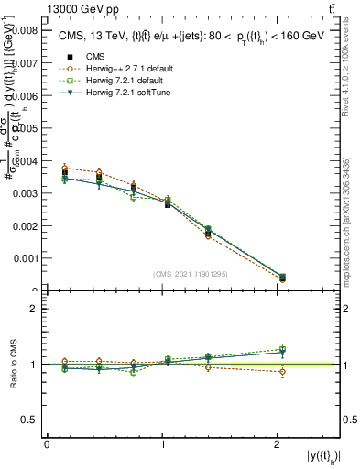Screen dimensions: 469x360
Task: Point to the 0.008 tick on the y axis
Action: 26,30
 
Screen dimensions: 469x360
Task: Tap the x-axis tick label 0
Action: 47,444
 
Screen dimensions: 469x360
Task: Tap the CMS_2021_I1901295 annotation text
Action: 191,274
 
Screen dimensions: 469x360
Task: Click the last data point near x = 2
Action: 281,277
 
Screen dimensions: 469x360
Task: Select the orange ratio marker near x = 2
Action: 281,372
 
